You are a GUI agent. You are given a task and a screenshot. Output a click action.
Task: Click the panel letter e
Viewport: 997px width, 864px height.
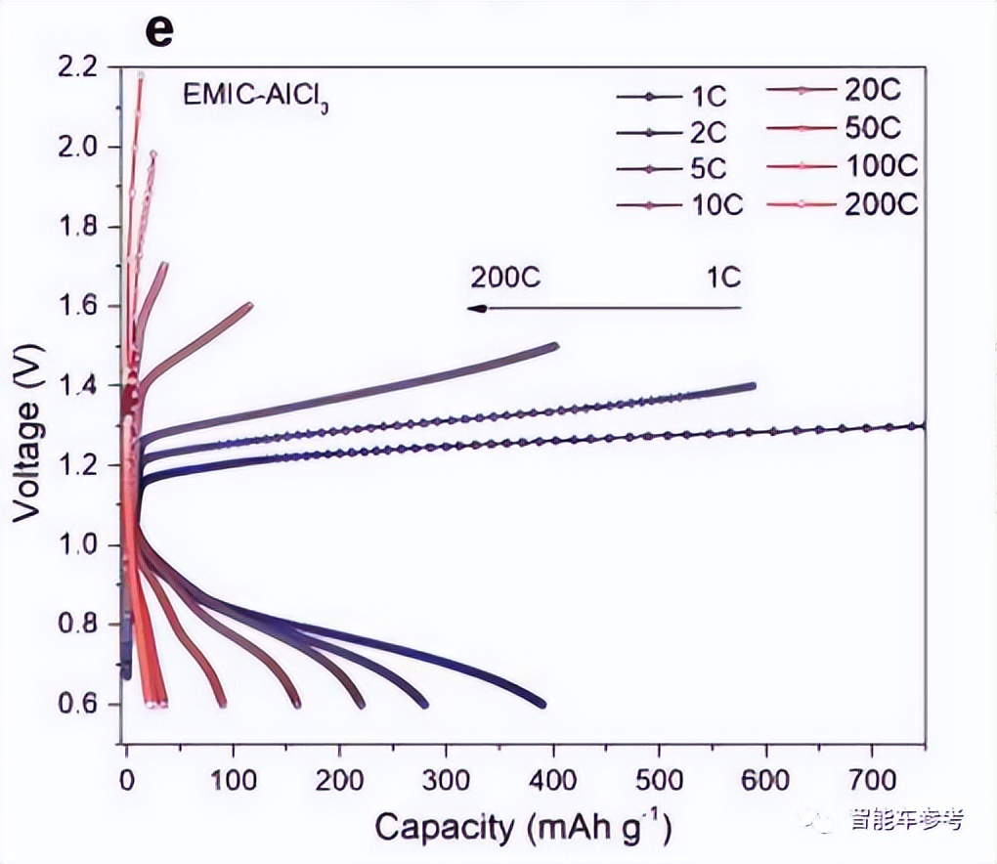click(x=159, y=30)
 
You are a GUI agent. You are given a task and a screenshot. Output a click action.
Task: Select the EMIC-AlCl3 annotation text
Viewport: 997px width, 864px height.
click(x=253, y=97)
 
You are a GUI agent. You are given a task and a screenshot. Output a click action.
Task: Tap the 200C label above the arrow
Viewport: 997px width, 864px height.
click(x=505, y=278)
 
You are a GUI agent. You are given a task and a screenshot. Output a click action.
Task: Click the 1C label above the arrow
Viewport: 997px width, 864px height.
click(x=723, y=278)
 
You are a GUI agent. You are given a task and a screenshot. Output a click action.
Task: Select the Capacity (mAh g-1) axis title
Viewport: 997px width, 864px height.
click(x=523, y=828)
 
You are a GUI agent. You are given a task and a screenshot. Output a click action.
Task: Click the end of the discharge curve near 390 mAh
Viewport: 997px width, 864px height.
click(x=542, y=704)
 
